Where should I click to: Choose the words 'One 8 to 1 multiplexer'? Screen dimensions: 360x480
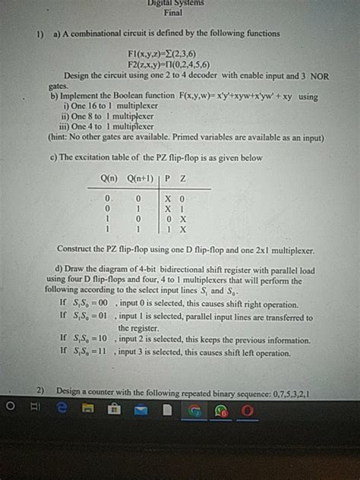[112, 117]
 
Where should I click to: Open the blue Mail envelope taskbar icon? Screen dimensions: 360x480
[141, 410]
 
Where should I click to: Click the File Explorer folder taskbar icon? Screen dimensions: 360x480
[88, 410]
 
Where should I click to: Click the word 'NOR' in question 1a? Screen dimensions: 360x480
[318, 76]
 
